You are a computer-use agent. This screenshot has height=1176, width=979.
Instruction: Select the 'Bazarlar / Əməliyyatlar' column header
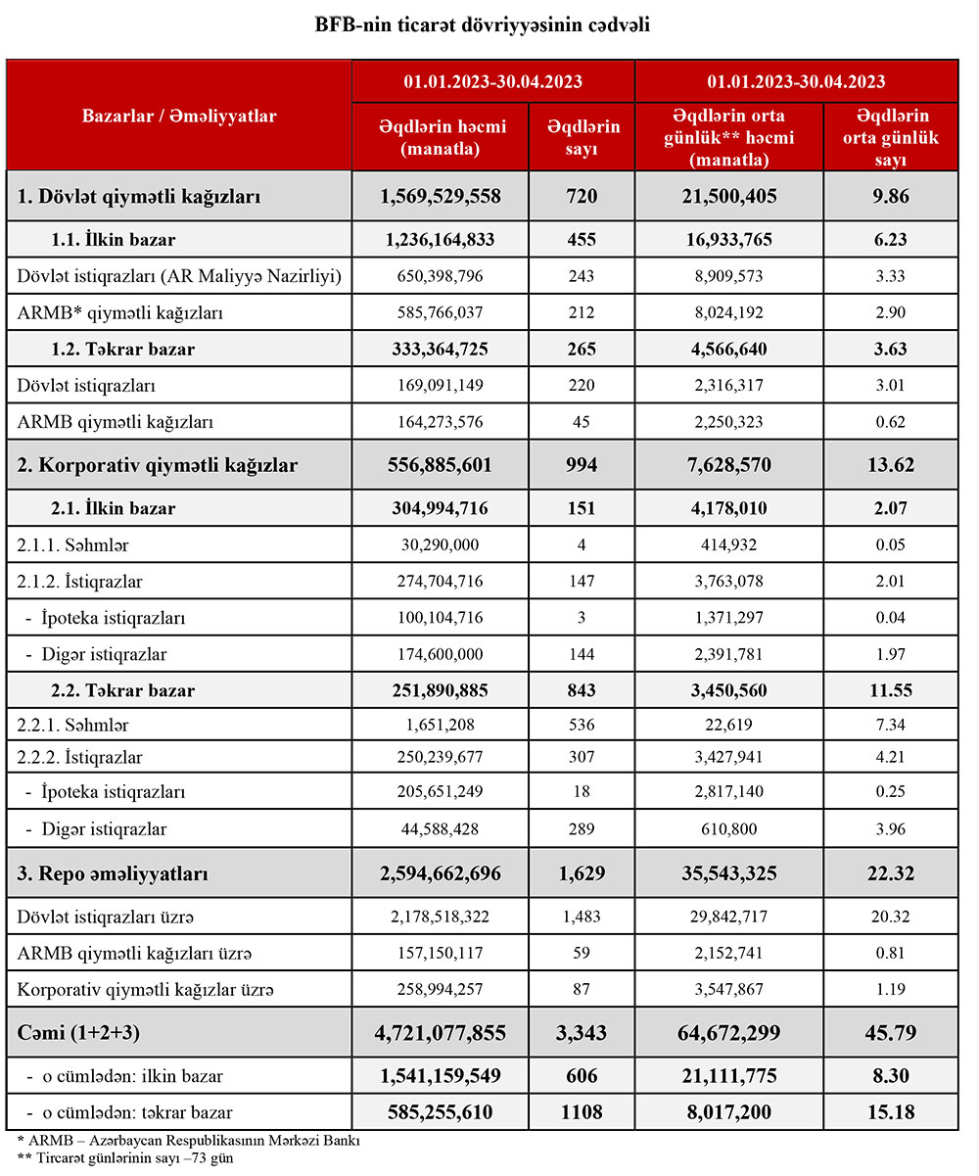tap(179, 116)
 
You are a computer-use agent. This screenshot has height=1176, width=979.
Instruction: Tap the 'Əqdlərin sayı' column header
tap(583, 138)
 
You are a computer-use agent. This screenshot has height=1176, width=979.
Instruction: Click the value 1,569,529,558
tap(441, 196)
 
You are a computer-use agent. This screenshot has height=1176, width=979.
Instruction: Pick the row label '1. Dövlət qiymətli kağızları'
tap(139, 196)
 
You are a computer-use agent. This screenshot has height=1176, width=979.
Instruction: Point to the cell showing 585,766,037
tap(441, 312)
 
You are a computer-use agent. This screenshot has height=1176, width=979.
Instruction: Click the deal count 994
tap(583, 465)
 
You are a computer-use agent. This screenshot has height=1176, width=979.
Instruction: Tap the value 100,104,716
tap(441, 618)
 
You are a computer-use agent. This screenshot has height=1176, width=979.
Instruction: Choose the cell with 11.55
tap(891, 690)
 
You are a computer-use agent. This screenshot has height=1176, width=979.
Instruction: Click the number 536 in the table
tap(583, 726)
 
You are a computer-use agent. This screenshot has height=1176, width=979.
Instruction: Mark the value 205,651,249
tap(441, 791)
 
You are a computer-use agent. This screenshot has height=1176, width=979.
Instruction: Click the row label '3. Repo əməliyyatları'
tap(113, 873)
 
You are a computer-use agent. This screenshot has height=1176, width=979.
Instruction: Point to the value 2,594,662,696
tap(441, 873)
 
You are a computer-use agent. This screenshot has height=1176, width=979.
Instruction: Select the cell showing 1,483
tap(583, 917)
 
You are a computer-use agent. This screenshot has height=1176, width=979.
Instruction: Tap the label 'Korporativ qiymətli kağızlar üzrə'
tap(146, 990)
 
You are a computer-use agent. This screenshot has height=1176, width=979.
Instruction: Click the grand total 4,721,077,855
tap(441, 1033)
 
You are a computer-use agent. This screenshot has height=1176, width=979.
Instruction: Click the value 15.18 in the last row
tap(891, 1112)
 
